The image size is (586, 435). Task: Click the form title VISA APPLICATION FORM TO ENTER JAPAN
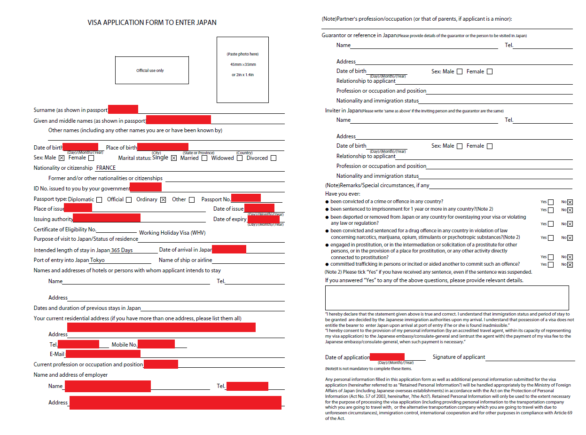click(x=152, y=23)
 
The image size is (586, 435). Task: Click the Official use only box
click(x=152, y=71)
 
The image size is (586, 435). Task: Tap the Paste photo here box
click(x=242, y=70)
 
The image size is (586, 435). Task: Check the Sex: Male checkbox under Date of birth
click(x=62, y=158)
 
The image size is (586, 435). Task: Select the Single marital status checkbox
click(x=174, y=158)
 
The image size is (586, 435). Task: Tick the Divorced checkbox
click(x=273, y=158)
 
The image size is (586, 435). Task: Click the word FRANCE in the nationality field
click(x=106, y=168)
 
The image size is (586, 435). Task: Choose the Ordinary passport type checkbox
click(x=163, y=200)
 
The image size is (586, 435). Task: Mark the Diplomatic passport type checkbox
click(x=99, y=200)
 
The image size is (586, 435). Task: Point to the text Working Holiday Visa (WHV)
click(x=172, y=233)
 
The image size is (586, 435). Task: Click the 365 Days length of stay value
click(x=122, y=250)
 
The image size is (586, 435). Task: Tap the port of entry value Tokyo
click(x=97, y=261)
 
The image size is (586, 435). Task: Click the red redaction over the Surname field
click(x=123, y=110)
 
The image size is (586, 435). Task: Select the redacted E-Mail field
click(x=102, y=354)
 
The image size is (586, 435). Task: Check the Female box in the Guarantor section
click(x=490, y=72)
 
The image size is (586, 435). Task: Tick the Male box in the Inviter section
click(x=460, y=146)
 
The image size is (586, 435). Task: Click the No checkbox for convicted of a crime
click(x=570, y=202)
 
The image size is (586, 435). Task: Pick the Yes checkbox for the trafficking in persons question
click(x=551, y=265)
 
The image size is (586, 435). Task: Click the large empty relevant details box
click(x=446, y=298)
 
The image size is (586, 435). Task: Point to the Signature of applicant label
click(x=459, y=357)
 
